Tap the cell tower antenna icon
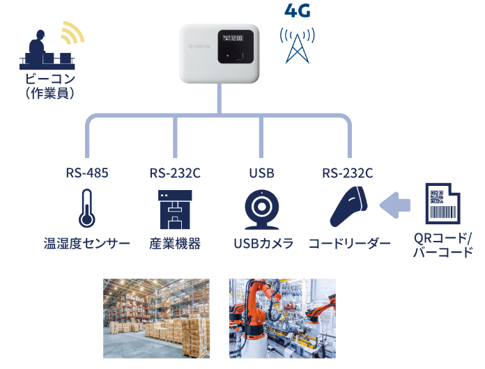(297, 44)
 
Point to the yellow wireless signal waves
(72, 33)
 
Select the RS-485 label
(87, 172)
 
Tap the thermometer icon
(87, 208)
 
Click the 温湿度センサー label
(87, 244)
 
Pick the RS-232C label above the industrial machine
(175, 172)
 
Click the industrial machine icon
(175, 209)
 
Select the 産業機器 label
(175, 244)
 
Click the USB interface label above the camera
(261, 172)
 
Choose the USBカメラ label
(263, 244)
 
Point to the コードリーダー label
(350, 244)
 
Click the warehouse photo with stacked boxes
(156, 318)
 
